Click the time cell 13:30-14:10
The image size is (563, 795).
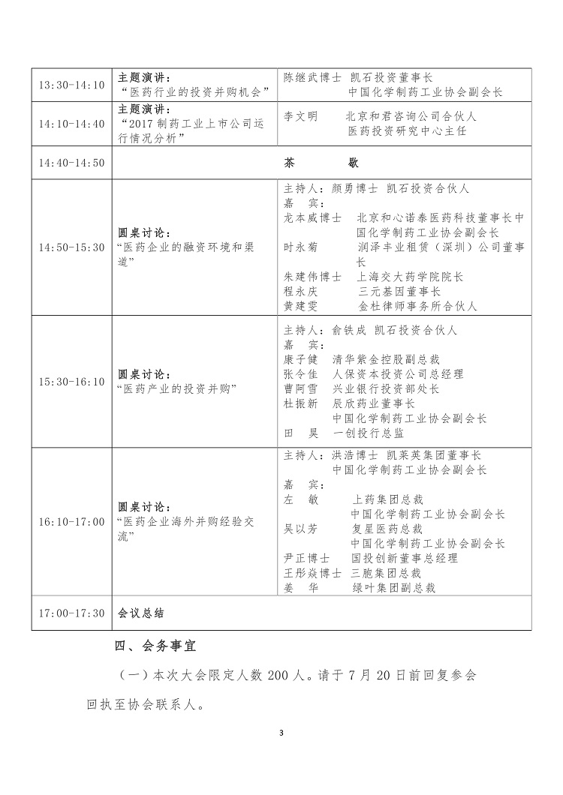[x=72, y=85]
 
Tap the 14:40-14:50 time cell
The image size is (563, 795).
[x=72, y=162]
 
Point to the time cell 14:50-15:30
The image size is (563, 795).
[x=72, y=247]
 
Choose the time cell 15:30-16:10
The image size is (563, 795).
[x=72, y=382]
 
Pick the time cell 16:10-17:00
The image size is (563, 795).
[x=72, y=521]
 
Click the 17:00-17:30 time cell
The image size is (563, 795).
[x=72, y=613]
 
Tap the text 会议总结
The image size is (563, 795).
[x=141, y=613]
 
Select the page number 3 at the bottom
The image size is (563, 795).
[x=281, y=733]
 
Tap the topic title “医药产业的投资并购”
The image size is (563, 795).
[x=177, y=388]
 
